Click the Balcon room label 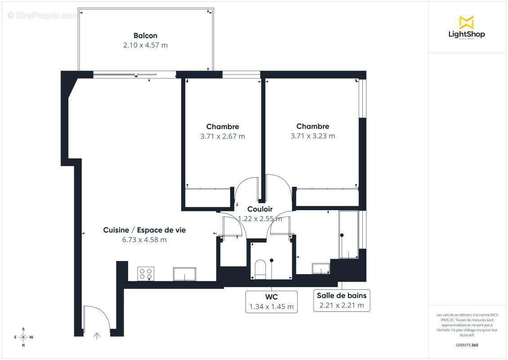[x=145, y=36]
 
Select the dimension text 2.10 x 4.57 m [x=145, y=45]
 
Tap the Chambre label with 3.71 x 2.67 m [x=223, y=126]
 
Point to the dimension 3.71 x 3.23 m [x=312, y=136]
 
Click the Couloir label [x=260, y=209]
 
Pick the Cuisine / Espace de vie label [x=144, y=230]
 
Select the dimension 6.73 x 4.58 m [x=144, y=239]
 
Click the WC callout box [x=272, y=301]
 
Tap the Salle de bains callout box [x=342, y=301]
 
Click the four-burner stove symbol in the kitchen [x=146, y=274]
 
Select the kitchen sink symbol [x=184, y=274]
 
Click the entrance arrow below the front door [x=97, y=335]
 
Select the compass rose [x=24, y=337]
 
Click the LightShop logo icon [x=466, y=22]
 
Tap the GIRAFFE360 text [x=466, y=344]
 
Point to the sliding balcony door [x=125, y=75]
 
